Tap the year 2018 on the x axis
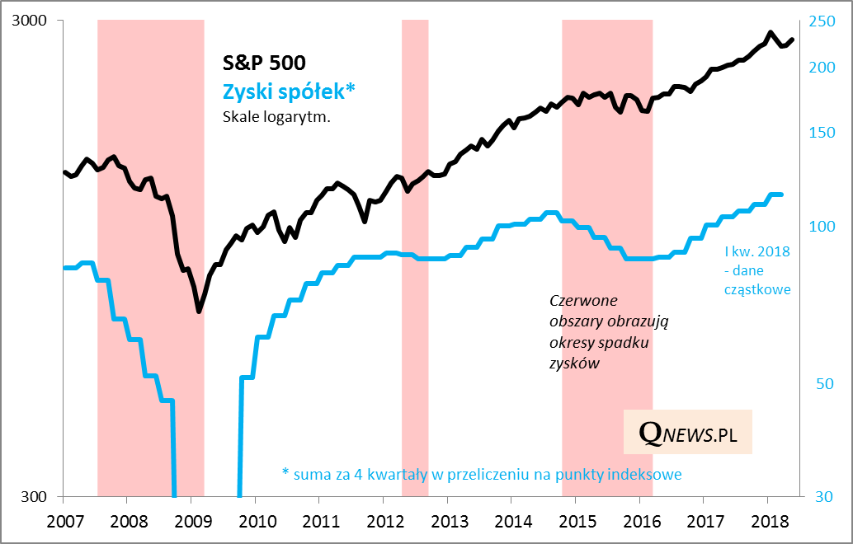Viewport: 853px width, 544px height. coord(766,522)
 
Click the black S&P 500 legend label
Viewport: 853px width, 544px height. coord(264,63)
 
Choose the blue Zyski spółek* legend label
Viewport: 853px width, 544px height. coord(289,91)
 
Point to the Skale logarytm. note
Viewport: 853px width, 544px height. coord(276,117)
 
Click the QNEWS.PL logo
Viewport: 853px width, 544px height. coord(688,432)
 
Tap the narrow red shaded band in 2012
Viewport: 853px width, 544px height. coord(415,247)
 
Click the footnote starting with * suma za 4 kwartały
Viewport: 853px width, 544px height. coord(482,474)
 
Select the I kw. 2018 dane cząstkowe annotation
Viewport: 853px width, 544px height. coord(756,270)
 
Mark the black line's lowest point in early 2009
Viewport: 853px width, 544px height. coord(199,312)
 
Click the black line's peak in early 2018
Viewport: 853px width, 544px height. coord(770,33)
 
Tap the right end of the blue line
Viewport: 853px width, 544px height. coord(780,195)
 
